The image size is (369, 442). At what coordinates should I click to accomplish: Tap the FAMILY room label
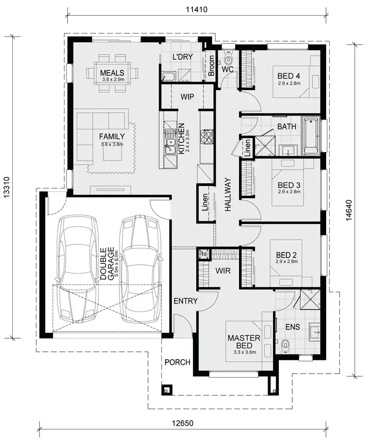tap(112, 136)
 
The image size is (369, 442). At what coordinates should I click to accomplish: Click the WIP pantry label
tap(186, 96)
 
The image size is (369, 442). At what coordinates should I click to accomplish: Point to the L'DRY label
tap(182, 57)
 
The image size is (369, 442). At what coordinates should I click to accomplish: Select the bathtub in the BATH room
tap(311, 135)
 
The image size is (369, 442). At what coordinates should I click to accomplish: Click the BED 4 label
tap(288, 76)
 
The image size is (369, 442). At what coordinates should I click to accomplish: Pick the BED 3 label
tap(289, 185)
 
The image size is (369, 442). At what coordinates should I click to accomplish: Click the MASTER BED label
tap(240, 342)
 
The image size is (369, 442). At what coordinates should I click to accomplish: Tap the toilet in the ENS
tap(284, 347)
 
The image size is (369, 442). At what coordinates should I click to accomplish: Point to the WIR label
tap(223, 271)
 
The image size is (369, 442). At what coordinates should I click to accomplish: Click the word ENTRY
tap(185, 301)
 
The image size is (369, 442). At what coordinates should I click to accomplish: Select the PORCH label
tap(177, 362)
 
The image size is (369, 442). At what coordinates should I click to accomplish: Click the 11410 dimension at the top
tap(196, 9)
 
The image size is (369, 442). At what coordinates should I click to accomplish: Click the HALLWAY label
tap(228, 194)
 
